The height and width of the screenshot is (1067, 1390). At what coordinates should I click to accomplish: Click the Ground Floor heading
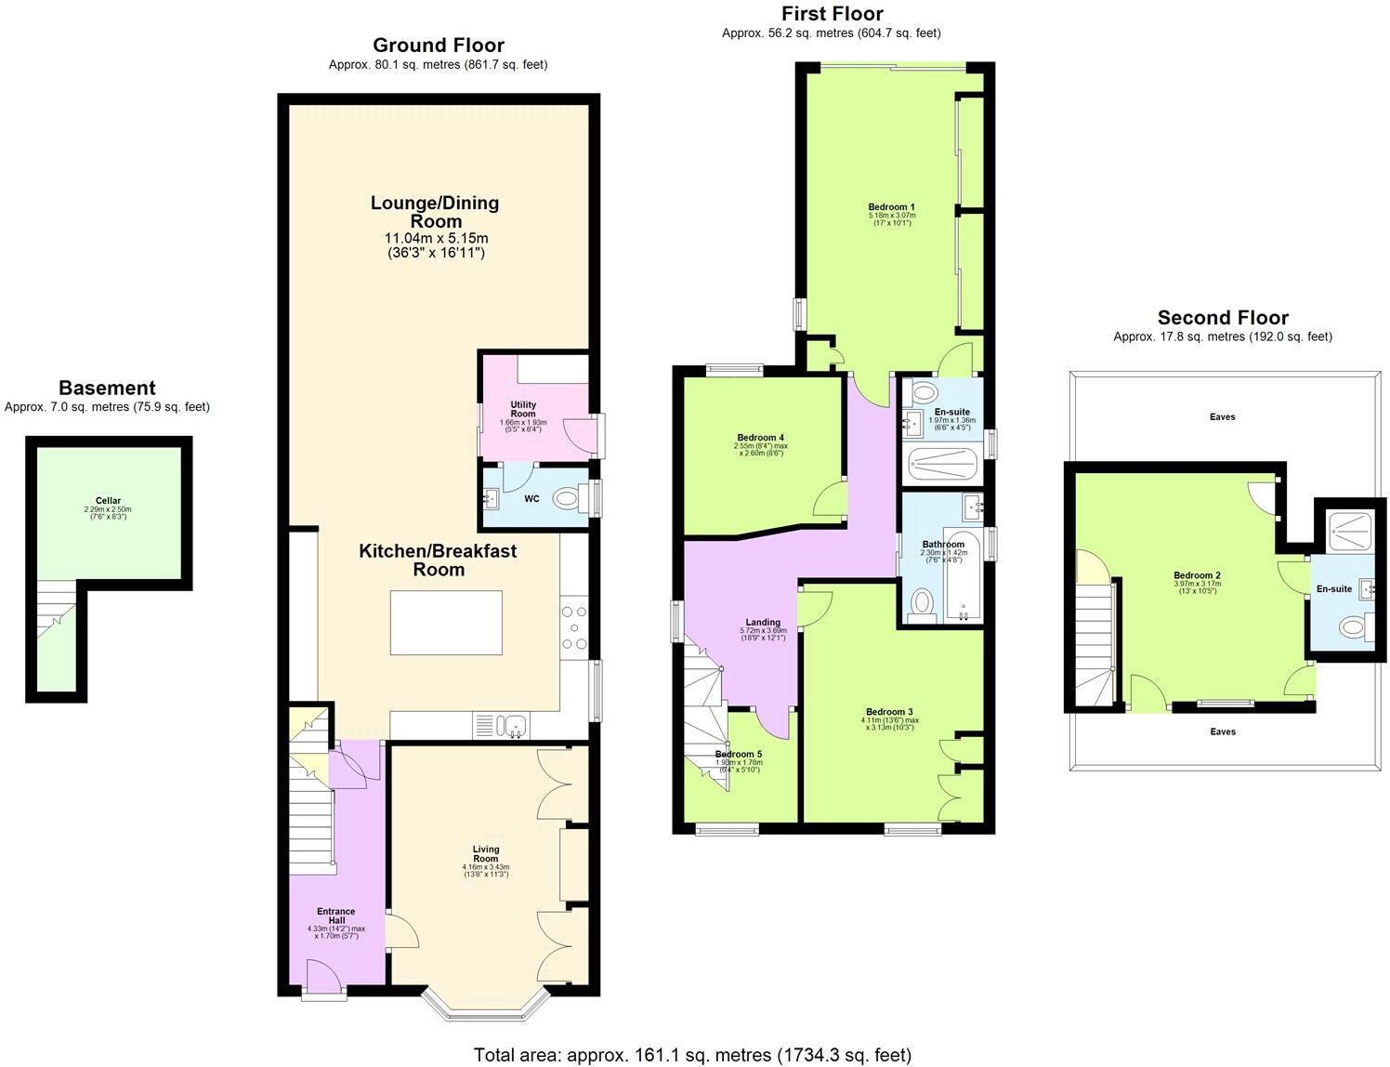coord(438,46)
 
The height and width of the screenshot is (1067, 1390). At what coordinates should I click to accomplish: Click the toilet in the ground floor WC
coord(566,500)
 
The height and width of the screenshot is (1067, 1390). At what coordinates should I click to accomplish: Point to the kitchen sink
coord(512,725)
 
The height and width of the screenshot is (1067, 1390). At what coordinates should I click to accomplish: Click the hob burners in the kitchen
coord(573,627)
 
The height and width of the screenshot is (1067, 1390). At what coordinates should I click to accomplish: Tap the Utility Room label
coord(523,409)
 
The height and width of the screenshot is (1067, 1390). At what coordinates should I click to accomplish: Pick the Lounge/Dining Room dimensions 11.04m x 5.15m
coord(436,238)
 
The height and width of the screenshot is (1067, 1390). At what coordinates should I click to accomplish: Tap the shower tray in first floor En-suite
coord(942,463)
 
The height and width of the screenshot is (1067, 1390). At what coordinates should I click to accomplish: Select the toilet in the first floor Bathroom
coord(922,603)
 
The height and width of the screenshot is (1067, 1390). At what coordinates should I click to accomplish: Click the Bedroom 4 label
coord(760,438)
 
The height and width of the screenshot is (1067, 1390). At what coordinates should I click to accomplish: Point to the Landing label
coord(763,622)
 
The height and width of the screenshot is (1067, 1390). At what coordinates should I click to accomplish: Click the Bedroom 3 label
coord(890,712)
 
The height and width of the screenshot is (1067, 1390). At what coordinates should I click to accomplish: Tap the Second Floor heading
coord(1222,318)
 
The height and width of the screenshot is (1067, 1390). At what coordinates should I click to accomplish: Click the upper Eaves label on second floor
coord(1222,417)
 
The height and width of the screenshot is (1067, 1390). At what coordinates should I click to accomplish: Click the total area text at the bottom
coord(692,1055)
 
